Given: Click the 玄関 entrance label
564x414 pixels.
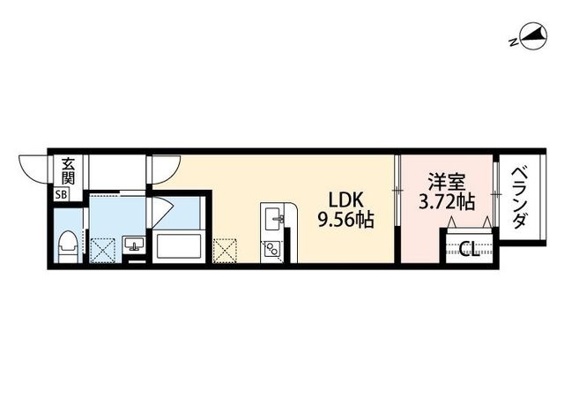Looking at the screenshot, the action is [68, 171].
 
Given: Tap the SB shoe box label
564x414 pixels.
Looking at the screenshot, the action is [61, 195].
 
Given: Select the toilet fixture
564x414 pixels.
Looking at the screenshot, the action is [68, 247].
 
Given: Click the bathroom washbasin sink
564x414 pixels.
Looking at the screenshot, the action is [134, 244].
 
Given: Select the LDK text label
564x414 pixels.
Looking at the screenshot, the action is [346, 199].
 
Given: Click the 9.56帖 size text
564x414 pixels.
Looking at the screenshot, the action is [345, 220].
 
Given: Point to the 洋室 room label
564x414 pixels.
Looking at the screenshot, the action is [447, 182].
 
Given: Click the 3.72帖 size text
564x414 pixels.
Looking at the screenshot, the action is [447, 202].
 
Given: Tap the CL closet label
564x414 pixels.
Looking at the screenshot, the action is [470, 249].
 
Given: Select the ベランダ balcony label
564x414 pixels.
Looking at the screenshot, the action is [519, 198].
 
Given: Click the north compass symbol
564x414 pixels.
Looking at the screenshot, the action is [534, 36].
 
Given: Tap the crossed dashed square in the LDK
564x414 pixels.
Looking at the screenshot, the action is [225, 251].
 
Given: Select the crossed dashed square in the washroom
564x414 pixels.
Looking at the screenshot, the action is [102, 251].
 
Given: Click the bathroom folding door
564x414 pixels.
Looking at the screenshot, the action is [162, 212].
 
